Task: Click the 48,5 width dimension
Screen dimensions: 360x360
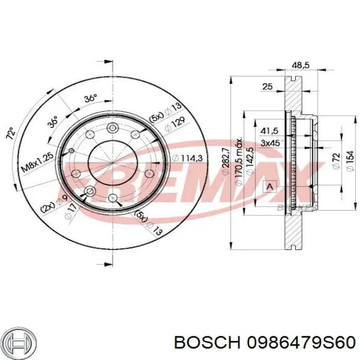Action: point(300,65)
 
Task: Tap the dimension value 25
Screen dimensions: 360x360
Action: point(267,87)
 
